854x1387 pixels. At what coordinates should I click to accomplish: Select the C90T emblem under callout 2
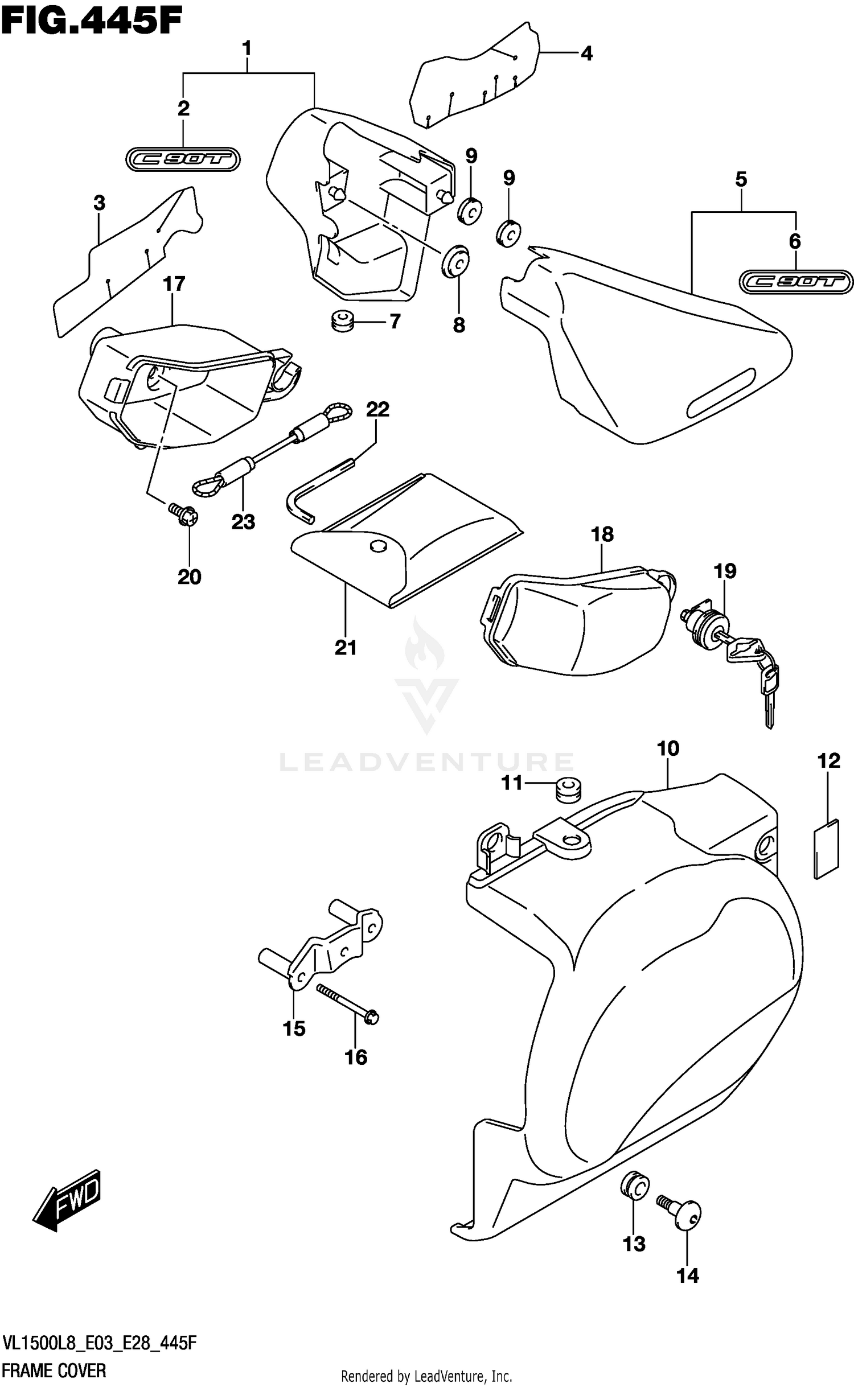(x=183, y=160)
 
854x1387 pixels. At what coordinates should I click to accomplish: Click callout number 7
(x=395, y=322)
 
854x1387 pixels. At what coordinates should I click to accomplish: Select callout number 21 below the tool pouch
(x=346, y=648)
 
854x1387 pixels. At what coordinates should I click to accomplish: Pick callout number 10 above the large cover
(x=668, y=748)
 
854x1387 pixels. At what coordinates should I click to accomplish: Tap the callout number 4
(x=586, y=54)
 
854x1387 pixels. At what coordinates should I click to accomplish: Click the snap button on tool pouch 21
(x=377, y=546)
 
